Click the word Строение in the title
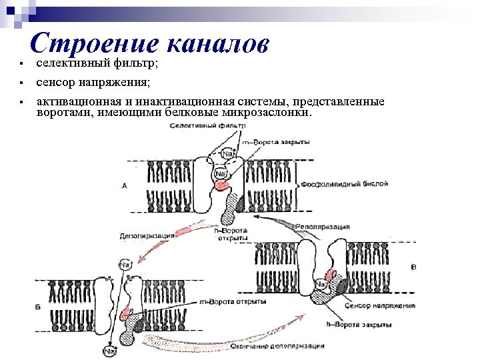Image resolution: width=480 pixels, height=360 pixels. tap(94, 43)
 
